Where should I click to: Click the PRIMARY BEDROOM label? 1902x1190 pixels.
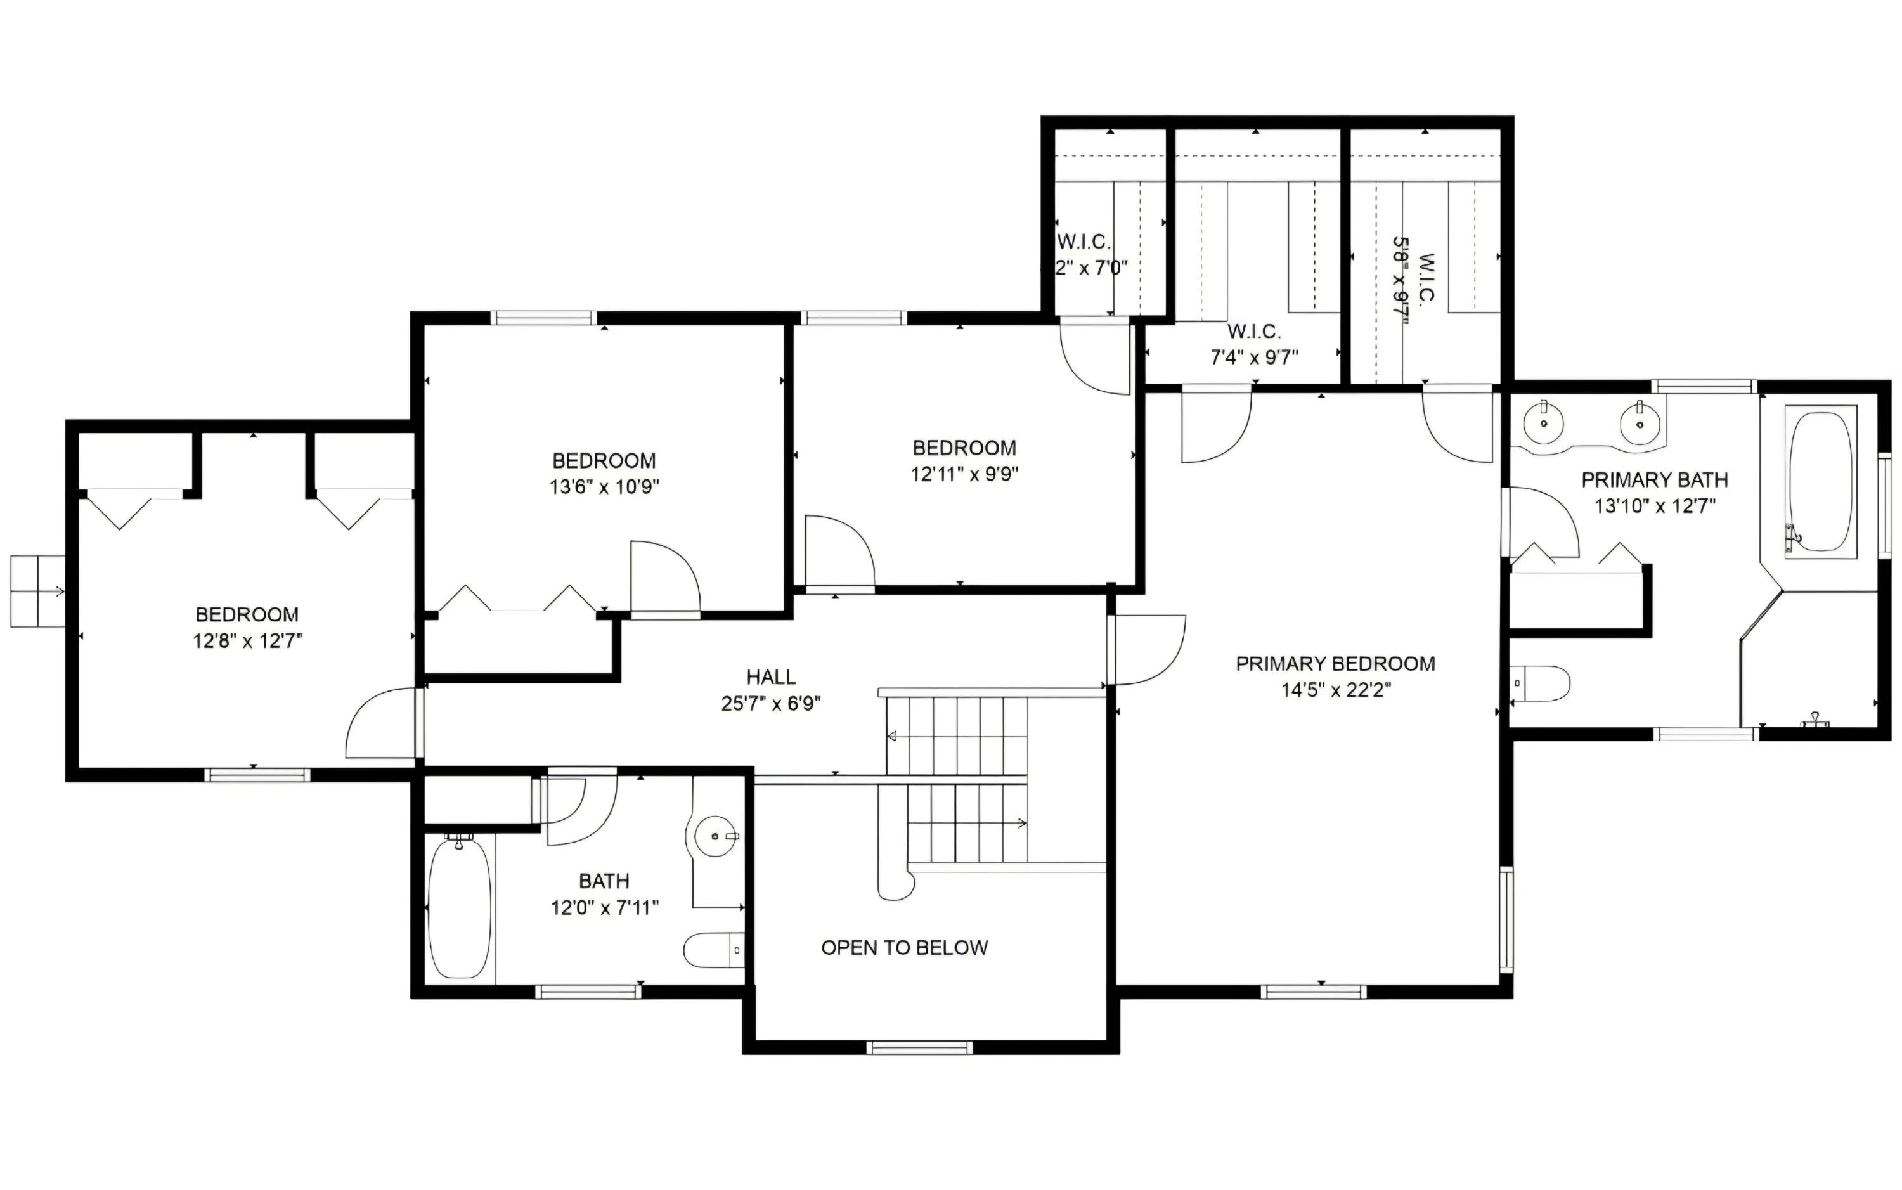pyautogui.click(x=1335, y=664)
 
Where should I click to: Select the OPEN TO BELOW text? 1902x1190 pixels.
pyautogui.click(x=904, y=948)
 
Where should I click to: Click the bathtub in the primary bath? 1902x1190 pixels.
pyautogui.click(x=1820, y=482)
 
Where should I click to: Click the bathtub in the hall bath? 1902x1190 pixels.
pyautogui.click(x=460, y=909)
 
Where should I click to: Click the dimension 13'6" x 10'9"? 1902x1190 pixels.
pyautogui.click(x=604, y=487)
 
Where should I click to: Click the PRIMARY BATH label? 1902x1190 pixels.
pyautogui.click(x=1654, y=479)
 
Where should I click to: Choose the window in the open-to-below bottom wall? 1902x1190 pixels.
pyautogui.click(x=919, y=1047)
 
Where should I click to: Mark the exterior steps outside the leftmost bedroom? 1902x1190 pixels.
pyautogui.click(x=37, y=591)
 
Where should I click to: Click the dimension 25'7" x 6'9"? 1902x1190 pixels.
pyautogui.click(x=770, y=704)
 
